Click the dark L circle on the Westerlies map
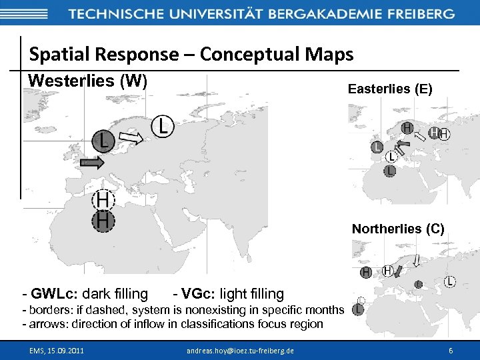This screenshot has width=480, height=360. (x=101, y=140)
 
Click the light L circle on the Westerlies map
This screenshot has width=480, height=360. (x=163, y=125)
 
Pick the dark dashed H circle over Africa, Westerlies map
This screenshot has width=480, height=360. (x=103, y=221)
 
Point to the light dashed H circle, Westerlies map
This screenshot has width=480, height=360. (x=103, y=200)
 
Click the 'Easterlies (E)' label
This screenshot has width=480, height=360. (x=390, y=89)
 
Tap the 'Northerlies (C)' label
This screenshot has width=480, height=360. (x=398, y=229)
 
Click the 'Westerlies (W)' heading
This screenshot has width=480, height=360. (x=87, y=81)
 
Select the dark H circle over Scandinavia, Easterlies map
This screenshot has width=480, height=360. (x=407, y=127)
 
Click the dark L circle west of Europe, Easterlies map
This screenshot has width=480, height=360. (x=377, y=147)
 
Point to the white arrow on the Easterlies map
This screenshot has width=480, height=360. (x=420, y=137)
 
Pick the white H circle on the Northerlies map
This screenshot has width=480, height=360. (x=387, y=271)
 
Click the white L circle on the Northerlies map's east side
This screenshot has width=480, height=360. (x=451, y=282)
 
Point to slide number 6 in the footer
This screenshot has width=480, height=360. (x=451, y=350)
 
